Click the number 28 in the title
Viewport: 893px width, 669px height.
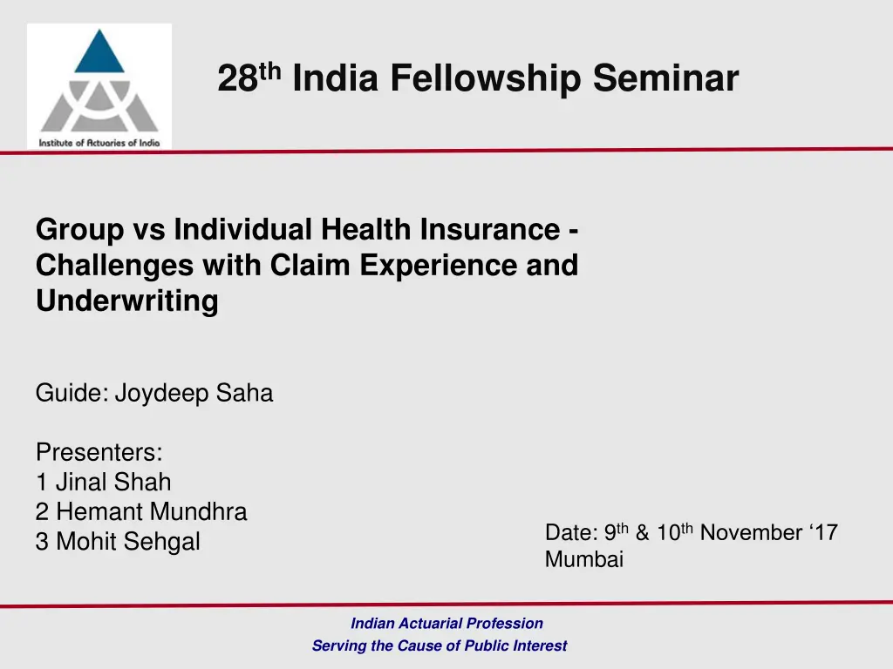[235, 79]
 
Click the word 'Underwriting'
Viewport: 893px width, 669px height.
[126, 301]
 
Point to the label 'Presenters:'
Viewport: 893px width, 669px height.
[99, 453]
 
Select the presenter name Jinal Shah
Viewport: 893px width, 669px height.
[113, 482]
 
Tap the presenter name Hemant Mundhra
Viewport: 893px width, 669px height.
[151, 512]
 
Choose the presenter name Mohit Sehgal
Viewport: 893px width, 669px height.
[127, 542]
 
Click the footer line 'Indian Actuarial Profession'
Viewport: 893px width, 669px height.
[446, 623]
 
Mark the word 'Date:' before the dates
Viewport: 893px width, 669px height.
[570, 533]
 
